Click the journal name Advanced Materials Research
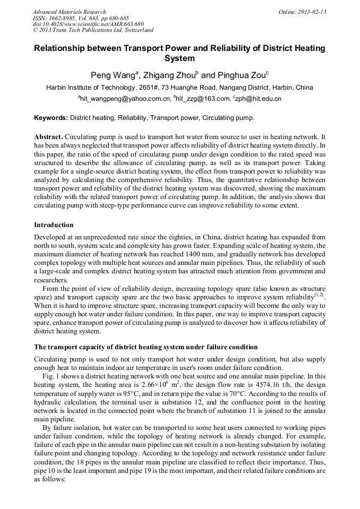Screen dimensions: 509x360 (69, 12)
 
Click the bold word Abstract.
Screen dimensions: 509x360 (49, 136)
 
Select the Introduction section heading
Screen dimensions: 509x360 (54, 225)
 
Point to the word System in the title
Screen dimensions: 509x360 (179, 58)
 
